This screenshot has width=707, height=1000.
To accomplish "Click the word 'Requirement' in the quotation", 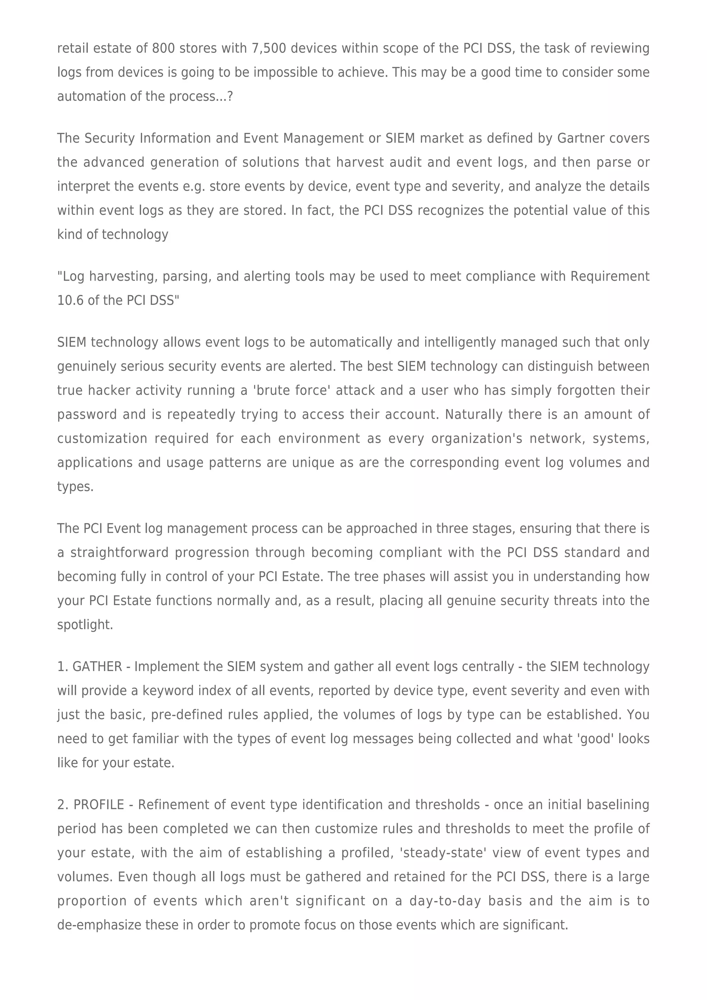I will point(610,277).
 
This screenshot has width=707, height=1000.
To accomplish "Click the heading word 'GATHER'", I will point(97,667).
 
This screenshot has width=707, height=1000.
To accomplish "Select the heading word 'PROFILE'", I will point(99,805).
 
